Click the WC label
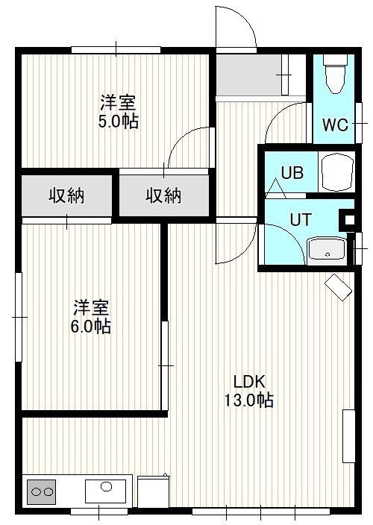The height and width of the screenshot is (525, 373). click(x=335, y=125)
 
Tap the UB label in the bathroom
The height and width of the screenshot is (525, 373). click(x=292, y=173)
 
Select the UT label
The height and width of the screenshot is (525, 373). click(x=301, y=220)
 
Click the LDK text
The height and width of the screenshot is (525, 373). click(x=249, y=382)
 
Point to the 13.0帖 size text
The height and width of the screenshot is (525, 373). click(x=248, y=400)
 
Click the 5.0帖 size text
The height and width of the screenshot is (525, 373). click(x=118, y=122)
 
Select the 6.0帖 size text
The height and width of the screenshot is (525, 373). click(x=90, y=326)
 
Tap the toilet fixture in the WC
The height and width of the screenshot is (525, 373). click(x=333, y=75)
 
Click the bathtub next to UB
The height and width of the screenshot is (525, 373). click(x=337, y=172)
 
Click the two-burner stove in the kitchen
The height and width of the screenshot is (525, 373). click(x=42, y=492)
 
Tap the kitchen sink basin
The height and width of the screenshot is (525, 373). click(x=105, y=491)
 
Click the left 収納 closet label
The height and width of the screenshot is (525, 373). click(x=66, y=195)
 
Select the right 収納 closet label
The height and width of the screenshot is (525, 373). click(x=163, y=195)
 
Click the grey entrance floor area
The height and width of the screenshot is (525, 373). click(x=248, y=75)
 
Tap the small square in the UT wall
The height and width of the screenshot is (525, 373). click(x=349, y=220)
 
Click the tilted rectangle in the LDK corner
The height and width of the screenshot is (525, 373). click(x=338, y=287)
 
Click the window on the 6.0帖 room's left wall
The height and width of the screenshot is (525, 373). click(x=19, y=317)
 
